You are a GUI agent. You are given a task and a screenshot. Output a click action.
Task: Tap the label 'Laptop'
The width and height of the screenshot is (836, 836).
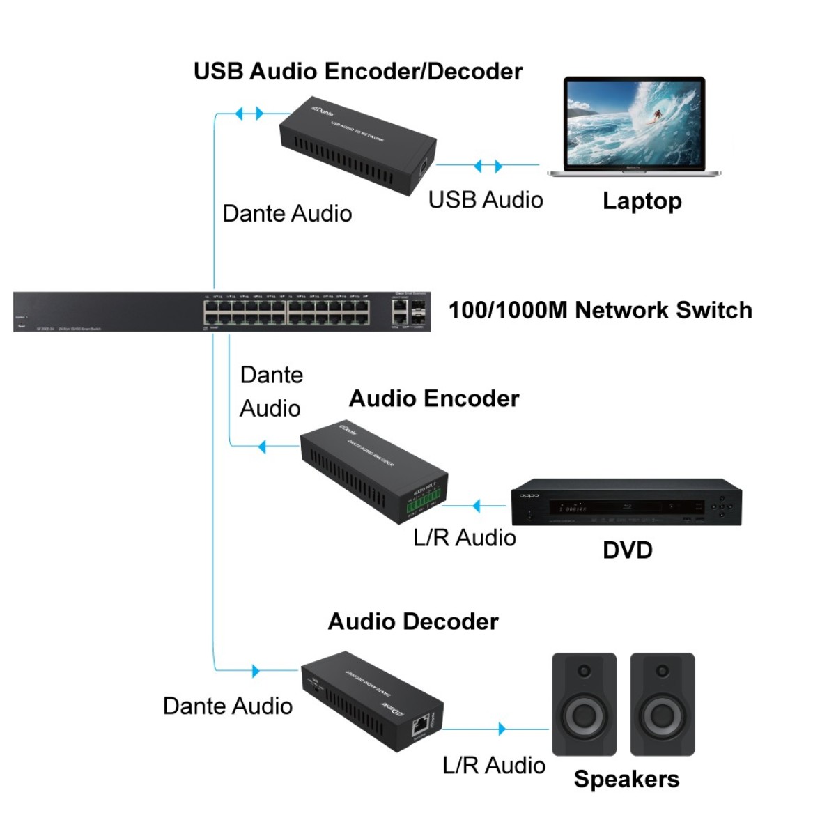click(x=642, y=201)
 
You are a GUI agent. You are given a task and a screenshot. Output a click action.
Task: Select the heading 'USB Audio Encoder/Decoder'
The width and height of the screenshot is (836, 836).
click(x=358, y=71)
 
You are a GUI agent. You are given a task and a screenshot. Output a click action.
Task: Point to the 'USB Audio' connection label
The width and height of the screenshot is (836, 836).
click(x=486, y=200)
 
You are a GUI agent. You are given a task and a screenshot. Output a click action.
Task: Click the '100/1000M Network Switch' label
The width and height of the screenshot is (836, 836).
click(x=600, y=310)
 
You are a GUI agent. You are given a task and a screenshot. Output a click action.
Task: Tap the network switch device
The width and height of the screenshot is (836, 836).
click(x=222, y=312)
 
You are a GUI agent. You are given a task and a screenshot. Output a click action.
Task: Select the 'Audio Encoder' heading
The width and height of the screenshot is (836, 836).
click(x=434, y=398)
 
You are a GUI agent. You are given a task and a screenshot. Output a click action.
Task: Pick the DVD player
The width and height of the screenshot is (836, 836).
click(x=626, y=502)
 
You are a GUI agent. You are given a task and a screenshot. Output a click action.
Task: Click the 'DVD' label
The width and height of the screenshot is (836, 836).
click(x=627, y=550)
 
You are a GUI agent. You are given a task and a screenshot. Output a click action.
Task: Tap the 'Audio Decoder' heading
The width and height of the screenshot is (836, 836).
click(x=413, y=621)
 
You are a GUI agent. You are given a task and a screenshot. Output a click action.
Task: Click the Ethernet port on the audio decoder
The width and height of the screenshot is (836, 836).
click(x=419, y=726)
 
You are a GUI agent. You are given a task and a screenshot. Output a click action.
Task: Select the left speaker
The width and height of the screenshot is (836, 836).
click(x=584, y=704)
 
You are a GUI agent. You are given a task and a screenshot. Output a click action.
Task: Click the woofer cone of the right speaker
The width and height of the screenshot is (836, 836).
click(x=663, y=715)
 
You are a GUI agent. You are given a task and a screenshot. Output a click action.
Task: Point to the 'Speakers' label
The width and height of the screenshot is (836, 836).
click(x=626, y=779)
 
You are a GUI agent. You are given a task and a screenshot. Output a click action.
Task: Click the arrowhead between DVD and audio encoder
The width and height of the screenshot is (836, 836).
click(x=477, y=506)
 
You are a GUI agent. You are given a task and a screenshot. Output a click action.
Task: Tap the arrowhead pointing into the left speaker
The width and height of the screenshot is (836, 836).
click(x=502, y=729)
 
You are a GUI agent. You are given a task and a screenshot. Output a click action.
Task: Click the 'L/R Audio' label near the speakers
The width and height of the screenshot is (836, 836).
click(x=494, y=766)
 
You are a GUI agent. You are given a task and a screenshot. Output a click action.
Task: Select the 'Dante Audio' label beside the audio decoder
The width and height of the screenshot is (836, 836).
click(x=227, y=706)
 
